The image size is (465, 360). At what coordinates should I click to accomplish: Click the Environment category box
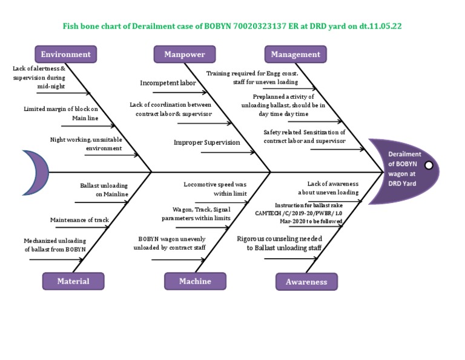(65, 54)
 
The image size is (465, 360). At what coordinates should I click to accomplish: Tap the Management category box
(295, 54)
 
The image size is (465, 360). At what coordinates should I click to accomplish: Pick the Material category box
(73, 281)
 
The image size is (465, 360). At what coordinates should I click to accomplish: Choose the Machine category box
(195, 281)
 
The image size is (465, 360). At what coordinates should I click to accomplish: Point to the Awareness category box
(306, 281)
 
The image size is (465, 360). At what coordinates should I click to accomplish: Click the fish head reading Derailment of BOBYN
(403, 168)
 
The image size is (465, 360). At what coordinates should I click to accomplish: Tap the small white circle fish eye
(429, 165)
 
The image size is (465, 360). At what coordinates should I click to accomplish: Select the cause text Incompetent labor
(168, 83)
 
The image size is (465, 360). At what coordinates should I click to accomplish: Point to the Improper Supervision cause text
(206, 142)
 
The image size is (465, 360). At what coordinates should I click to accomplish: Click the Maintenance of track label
(79, 219)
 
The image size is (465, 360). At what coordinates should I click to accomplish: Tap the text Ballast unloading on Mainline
(104, 190)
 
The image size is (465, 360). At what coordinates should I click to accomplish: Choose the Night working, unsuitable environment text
(86, 144)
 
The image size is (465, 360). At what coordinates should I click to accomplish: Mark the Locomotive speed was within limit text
(215, 188)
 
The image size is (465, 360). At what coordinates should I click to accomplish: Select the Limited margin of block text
(61, 113)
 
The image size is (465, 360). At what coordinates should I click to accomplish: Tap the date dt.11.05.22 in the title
(380, 27)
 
